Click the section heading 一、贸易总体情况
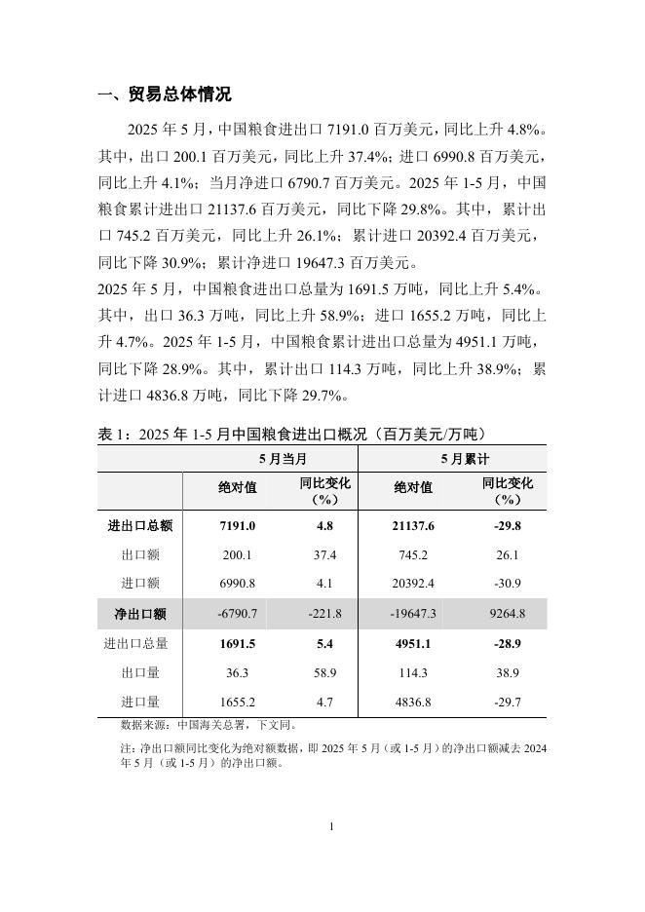[165, 95]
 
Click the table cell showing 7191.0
[238, 525]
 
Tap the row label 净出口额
[139, 614]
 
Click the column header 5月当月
[270, 458]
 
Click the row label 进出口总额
[139, 525]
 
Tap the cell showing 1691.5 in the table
[238, 643]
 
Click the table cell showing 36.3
[238, 672]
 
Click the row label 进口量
[139, 702]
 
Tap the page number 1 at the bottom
[331, 826]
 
